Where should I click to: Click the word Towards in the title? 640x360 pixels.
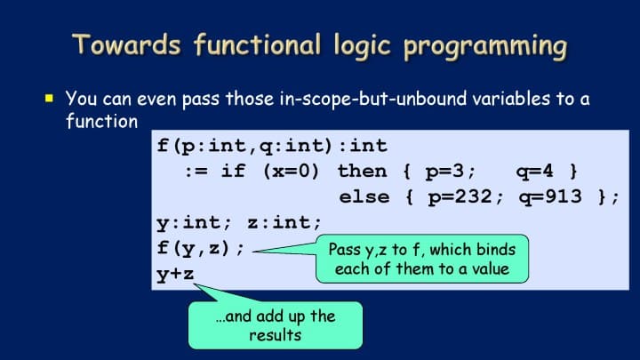pyautogui.click(x=126, y=44)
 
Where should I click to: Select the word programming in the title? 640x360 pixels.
pyautogui.click(x=485, y=46)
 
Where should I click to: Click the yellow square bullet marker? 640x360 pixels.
pyautogui.click(x=50, y=99)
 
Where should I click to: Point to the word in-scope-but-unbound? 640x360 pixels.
pyautogui.click(x=373, y=99)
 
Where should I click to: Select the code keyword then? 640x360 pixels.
pyautogui.click(x=362, y=171)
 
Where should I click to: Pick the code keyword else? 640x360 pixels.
pyautogui.click(x=364, y=196)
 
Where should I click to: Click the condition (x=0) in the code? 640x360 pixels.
pyautogui.click(x=291, y=171)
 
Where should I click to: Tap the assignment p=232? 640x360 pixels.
pyautogui.click(x=460, y=197)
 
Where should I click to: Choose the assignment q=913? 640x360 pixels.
pyautogui.click(x=550, y=197)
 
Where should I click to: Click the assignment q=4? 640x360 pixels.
pyautogui.click(x=535, y=172)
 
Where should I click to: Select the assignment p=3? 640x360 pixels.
pyautogui.click(x=444, y=172)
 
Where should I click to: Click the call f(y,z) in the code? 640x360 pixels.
pyautogui.click(x=195, y=248)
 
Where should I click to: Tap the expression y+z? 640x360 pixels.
pyautogui.click(x=175, y=275)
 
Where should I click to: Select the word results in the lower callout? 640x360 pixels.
pyautogui.click(x=275, y=335)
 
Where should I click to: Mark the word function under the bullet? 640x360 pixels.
pyautogui.click(x=101, y=121)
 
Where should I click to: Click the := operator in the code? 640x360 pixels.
pyautogui.click(x=196, y=172)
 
